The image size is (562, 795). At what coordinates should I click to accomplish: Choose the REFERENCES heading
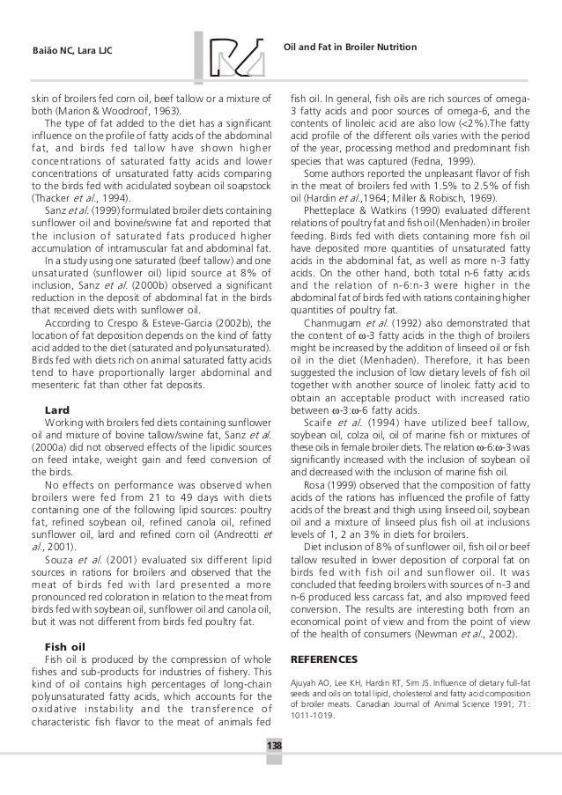(323, 659)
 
